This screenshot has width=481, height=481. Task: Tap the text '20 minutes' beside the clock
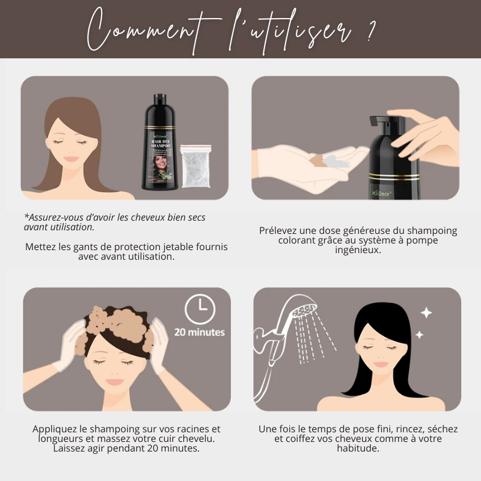pos(200,332)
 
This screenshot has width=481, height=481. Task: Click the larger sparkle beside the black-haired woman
pos(426,313)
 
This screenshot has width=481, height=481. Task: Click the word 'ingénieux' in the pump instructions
pos(358,250)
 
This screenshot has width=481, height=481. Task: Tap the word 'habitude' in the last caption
pos(358,448)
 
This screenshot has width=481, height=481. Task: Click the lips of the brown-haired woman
pos(72,159)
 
